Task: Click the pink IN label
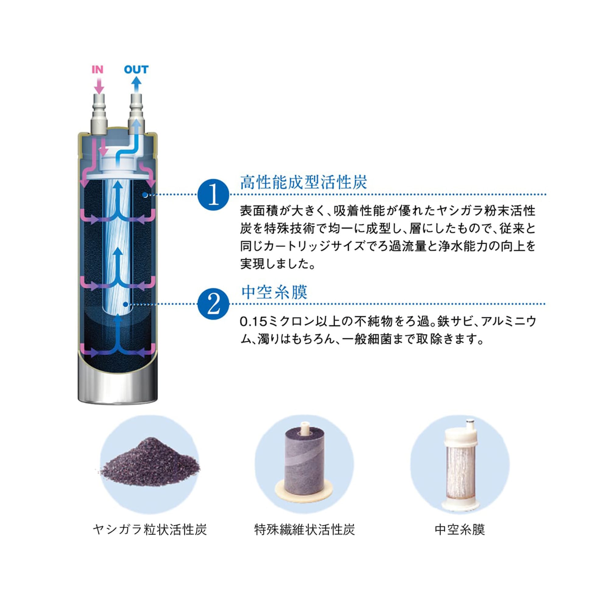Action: (x=97, y=69)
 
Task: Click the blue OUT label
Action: (x=136, y=69)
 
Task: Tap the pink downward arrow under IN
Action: (x=99, y=86)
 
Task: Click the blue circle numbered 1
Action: (x=213, y=195)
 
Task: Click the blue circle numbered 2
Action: (x=213, y=304)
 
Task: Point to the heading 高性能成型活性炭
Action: (x=304, y=182)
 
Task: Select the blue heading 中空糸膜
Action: (x=274, y=292)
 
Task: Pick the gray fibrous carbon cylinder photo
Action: (x=304, y=463)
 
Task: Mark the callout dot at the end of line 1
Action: (x=145, y=195)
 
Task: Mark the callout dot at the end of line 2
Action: (x=125, y=304)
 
